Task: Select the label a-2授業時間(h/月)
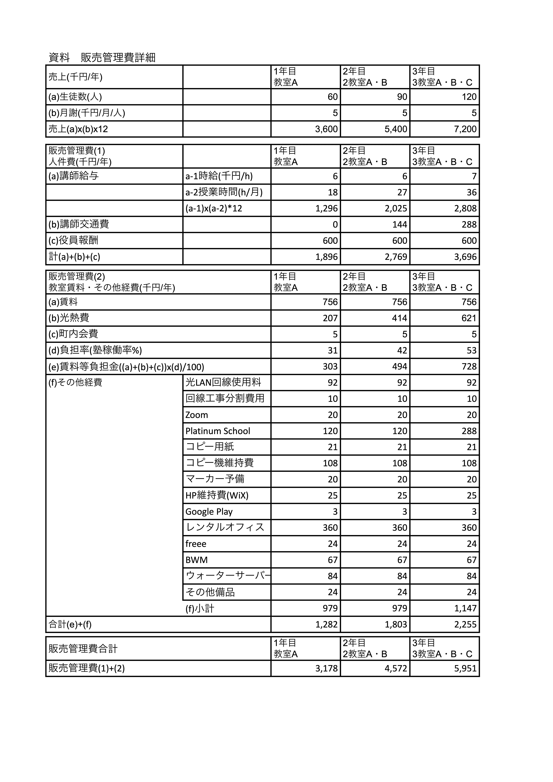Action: (224, 192)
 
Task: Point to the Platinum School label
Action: (218, 431)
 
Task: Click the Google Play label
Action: (209, 512)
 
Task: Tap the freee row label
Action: (196, 544)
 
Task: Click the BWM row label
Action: (197, 560)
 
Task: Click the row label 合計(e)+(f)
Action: (70, 625)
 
